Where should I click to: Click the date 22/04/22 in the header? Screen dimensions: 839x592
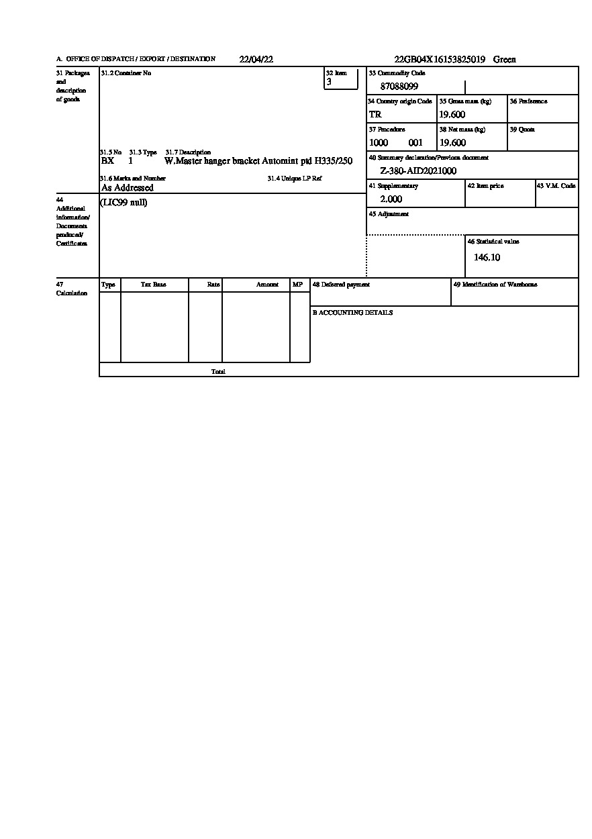coord(256,60)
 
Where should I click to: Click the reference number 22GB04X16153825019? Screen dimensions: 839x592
coord(440,60)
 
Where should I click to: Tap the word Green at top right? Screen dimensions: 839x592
coord(505,60)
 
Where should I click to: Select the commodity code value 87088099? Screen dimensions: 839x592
coord(399,87)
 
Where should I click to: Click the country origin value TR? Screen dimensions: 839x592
coord(375,115)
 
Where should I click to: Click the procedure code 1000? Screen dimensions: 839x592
coord(379,143)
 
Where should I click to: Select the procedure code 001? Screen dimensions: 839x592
coord(415,143)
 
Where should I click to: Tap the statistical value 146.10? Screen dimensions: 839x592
coord(487,258)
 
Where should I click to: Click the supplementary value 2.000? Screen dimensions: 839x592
coord(391,199)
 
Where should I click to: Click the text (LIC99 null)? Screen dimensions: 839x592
coord(124,203)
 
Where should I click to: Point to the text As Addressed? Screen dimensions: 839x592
coord(128,188)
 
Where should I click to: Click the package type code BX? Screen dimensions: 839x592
coord(107,161)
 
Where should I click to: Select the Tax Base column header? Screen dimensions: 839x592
coord(153,285)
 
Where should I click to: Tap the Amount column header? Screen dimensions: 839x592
coord(267,285)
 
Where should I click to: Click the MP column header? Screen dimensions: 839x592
coord(298,285)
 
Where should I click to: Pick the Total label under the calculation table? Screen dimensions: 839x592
coord(218,372)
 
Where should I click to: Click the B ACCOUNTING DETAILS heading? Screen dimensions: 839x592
coord(352,313)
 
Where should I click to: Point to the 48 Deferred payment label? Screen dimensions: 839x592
coord(341,285)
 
